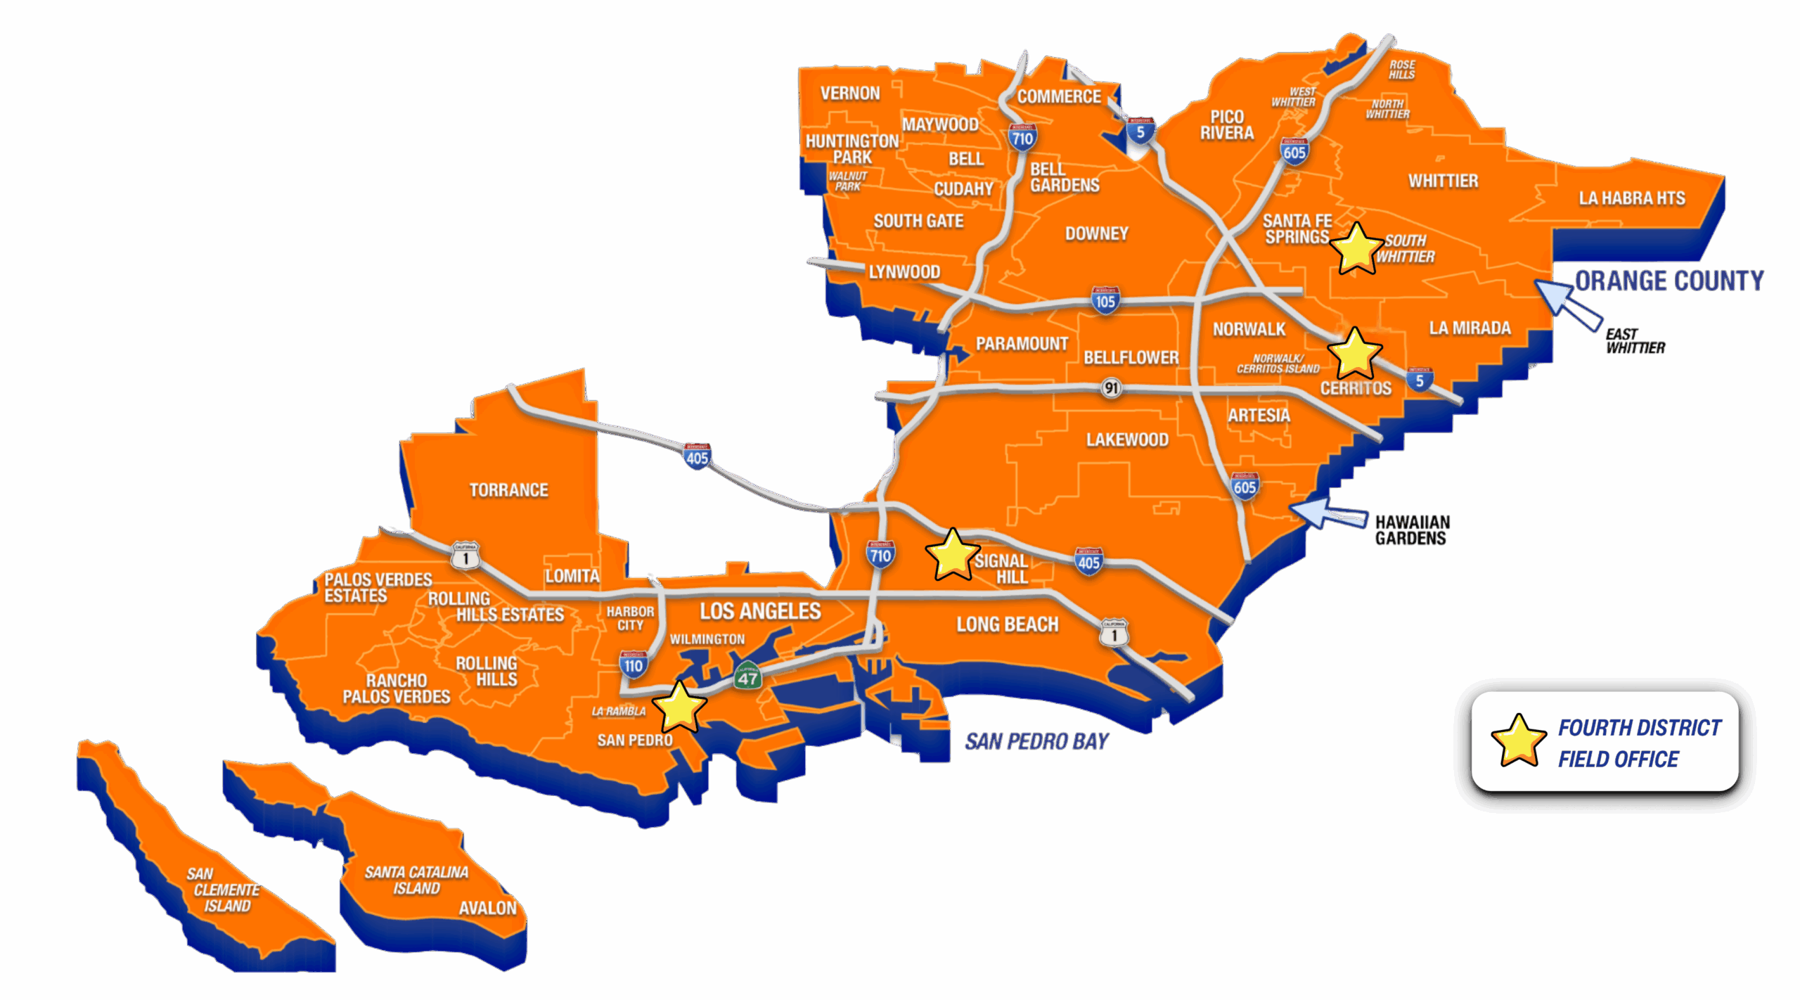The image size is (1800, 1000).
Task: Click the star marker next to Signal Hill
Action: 953,556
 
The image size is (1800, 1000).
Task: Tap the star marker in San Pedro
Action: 679,707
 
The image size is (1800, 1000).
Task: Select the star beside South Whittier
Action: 1356,249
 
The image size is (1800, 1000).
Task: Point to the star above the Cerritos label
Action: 1354,354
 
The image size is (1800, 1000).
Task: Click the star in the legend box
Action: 1518,741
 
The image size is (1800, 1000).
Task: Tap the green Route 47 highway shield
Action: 747,677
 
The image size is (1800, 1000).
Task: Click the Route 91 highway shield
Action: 1111,387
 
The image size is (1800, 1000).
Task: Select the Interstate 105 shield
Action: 1105,300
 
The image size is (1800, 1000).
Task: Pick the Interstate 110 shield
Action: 634,665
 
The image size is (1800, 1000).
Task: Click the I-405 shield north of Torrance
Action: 697,457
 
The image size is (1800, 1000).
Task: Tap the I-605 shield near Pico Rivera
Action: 1294,151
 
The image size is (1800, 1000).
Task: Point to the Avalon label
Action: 487,909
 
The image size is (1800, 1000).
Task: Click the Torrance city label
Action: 508,490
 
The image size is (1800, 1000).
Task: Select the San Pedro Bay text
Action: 1036,741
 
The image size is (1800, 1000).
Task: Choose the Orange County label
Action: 1669,281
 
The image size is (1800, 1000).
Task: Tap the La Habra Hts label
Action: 1632,198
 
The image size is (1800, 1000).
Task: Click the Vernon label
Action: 850,94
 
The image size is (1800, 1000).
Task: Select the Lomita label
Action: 572,577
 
